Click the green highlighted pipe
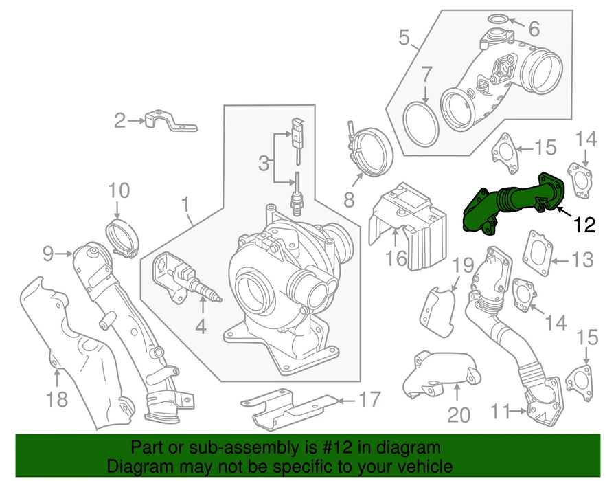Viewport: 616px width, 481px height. (514, 203)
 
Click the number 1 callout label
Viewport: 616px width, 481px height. (184, 203)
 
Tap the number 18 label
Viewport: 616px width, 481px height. (58, 399)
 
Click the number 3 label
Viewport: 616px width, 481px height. (264, 164)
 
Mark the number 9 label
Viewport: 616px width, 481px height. (47, 254)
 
